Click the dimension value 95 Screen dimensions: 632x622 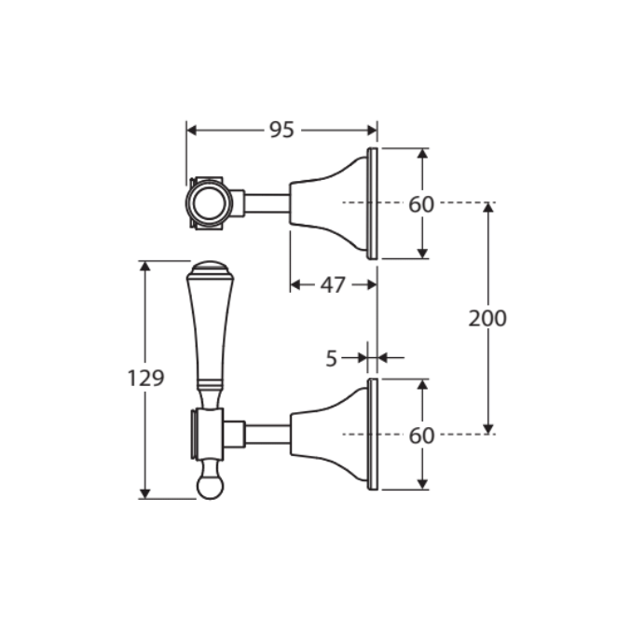(282, 130)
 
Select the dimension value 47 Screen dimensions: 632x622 (333, 285)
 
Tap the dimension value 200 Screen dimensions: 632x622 (488, 318)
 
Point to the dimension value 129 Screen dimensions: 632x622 (146, 379)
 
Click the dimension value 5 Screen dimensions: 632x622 (331, 358)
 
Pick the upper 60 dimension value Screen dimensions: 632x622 (421, 204)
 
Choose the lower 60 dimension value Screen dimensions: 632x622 (421, 435)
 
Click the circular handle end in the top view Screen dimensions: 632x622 (209, 202)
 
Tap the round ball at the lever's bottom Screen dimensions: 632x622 (210, 487)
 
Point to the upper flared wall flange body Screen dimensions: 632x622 (329, 203)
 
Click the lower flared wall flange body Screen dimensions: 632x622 (329, 435)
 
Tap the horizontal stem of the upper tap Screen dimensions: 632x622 (268, 203)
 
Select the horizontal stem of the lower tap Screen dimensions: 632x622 (268, 435)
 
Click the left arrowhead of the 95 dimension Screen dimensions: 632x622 (192, 131)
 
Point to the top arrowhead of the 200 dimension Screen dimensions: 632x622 (488, 207)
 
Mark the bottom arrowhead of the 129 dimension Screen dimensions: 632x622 (144, 494)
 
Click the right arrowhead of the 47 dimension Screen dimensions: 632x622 (372, 285)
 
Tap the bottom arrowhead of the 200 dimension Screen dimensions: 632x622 (488, 429)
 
